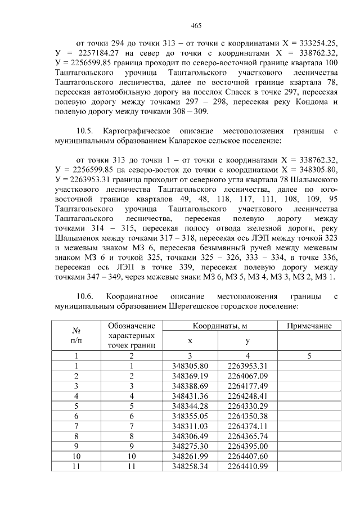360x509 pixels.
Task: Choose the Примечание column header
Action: click(x=309, y=326)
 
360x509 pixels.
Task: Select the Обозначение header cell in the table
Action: click(x=131, y=326)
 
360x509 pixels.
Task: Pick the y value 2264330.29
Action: click(x=247, y=406)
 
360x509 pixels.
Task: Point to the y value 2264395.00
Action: click(x=247, y=446)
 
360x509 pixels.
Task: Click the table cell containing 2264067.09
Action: click(x=247, y=375)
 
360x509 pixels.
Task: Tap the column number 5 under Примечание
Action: click(x=309, y=355)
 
